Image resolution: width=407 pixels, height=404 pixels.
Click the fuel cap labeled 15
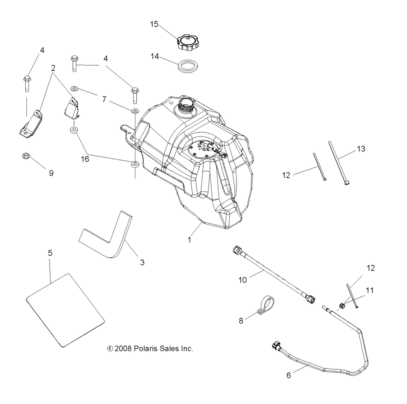188,42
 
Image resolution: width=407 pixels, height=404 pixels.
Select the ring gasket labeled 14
187,66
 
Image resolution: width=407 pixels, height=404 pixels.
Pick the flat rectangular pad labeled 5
65,310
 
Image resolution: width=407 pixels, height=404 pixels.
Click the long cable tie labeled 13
338,163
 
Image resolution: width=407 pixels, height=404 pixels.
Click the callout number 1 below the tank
189,240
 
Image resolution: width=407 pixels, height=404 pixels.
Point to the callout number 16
85,159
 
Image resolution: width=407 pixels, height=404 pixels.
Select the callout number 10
243,280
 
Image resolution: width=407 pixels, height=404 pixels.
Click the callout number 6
289,375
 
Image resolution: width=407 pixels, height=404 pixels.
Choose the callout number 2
53,68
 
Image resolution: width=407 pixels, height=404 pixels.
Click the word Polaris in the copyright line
145,349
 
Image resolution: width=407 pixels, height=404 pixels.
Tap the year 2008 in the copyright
123,349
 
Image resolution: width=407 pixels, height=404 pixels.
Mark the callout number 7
104,99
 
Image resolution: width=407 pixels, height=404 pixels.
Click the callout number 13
361,149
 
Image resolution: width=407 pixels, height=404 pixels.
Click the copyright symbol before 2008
110,349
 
